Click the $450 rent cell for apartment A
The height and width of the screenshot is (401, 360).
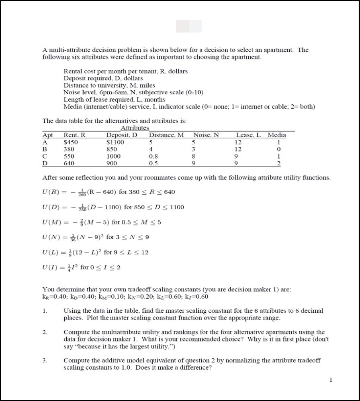pos(71,142)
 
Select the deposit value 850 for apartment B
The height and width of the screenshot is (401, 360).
pos(112,149)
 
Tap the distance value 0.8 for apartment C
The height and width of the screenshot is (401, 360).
pos(153,156)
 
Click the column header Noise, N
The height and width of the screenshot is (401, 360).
pos(206,135)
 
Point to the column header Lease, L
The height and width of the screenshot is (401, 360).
pos(248,135)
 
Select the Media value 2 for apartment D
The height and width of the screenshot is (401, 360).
pos(279,163)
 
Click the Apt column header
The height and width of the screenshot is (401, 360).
pos(48,135)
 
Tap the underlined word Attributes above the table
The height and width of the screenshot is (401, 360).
pos(135,128)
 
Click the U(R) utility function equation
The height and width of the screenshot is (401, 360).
pos(108,192)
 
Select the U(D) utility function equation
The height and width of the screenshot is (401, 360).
pos(113,207)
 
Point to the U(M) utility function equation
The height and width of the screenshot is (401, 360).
pos(102,222)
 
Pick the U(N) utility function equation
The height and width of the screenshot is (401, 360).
pos(96,237)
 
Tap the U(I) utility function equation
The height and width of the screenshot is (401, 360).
pos(81,267)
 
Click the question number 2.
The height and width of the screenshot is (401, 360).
pos(45,332)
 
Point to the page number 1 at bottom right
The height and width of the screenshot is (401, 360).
pos(330,379)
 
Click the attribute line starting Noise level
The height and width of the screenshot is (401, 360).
pos(133,92)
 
